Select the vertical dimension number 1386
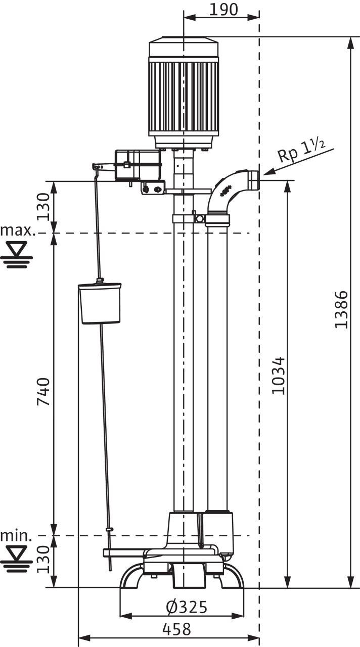click(342, 309)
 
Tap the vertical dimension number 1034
click(278, 376)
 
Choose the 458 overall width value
click(177, 629)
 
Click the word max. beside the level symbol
click(18, 231)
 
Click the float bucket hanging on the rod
click(100, 303)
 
